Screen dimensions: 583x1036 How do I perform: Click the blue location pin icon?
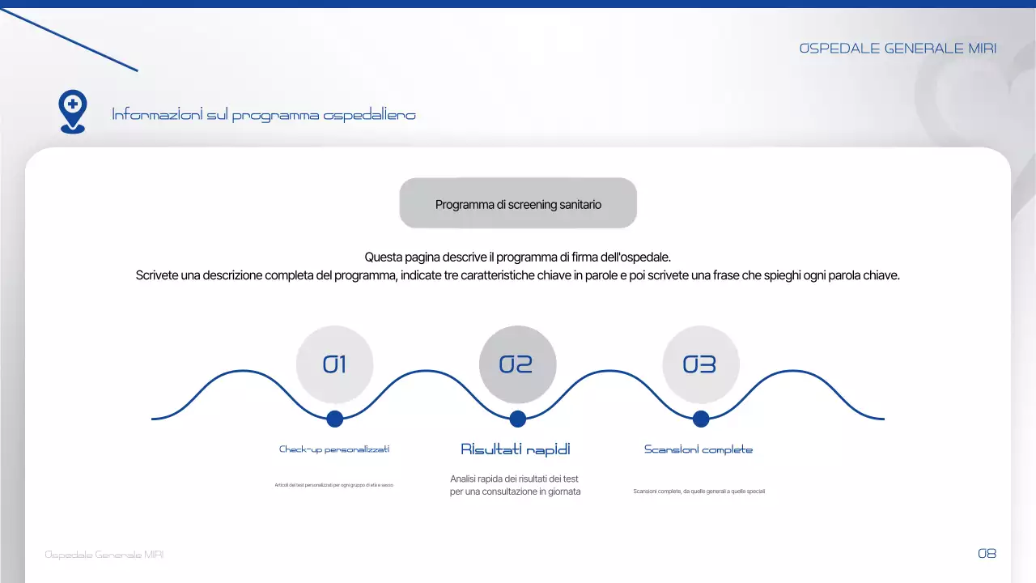coord(73,110)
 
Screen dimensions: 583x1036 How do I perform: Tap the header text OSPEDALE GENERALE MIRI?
coord(898,49)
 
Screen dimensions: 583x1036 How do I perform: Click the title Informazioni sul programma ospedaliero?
coord(264,115)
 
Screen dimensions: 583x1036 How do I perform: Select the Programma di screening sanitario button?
coord(518,204)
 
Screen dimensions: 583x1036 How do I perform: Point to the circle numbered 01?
coord(334,364)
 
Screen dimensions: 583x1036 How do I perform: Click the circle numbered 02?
coord(517,364)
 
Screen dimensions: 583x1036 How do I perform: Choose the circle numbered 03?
coord(700,364)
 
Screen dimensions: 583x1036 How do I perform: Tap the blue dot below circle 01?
coord(334,419)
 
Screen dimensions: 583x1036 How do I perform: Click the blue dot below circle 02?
coord(518,419)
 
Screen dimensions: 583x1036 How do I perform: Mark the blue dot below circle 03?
coord(701,419)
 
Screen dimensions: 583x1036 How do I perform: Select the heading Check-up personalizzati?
coord(334,449)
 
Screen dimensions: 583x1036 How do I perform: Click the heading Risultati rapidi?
coord(516,449)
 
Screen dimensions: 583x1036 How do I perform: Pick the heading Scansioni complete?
coord(698,449)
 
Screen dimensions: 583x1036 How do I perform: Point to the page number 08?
coord(987,554)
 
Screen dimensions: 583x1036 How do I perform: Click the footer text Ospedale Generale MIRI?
coord(104,555)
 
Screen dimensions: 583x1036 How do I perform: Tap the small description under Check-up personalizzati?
coord(334,485)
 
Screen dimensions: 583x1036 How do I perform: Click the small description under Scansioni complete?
coord(698,492)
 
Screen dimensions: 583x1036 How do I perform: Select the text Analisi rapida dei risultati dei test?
coord(514,479)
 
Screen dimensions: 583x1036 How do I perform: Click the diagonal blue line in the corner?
coord(69,40)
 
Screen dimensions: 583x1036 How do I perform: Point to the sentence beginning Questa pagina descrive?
coord(518,257)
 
